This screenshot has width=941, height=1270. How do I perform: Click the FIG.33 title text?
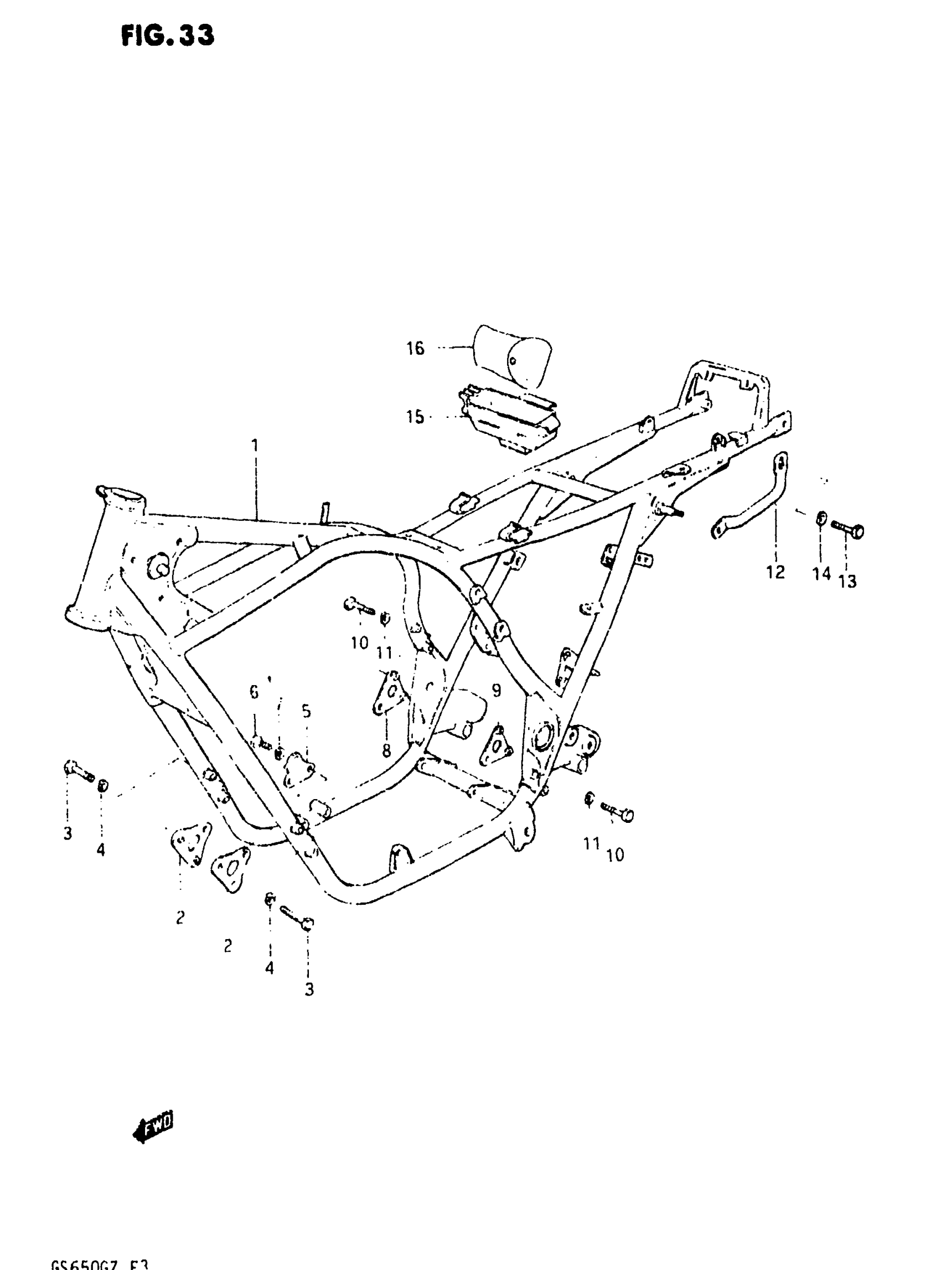point(168,35)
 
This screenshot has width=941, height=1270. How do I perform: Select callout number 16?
point(415,348)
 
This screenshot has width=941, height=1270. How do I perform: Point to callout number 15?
point(415,417)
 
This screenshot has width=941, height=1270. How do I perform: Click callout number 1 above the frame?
point(255,445)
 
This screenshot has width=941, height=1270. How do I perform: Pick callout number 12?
point(775,572)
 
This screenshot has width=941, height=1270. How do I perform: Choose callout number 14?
point(821,573)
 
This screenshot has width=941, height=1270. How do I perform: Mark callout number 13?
point(847,582)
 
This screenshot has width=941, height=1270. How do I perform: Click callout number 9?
point(496,690)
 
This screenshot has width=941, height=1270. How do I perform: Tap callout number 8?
point(387,751)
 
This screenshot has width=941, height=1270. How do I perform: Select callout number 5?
point(307,711)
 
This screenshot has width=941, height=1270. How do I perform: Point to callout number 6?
point(254,692)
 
